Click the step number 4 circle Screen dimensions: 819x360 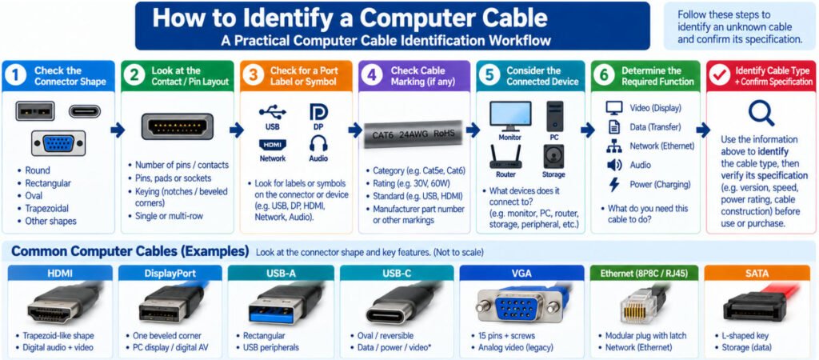coord(371,76)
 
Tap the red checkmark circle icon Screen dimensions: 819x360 coord(720,76)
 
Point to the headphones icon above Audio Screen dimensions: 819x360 coord(318,143)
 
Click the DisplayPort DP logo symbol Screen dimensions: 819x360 coord(318,112)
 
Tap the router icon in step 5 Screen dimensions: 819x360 coord(505,157)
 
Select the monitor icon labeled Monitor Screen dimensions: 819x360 coord(510,116)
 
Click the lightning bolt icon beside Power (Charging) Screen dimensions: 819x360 coord(614,185)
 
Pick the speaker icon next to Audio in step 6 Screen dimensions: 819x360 coord(614,165)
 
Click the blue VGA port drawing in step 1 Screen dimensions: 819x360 coord(58,143)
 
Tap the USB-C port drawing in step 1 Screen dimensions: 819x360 coord(85,111)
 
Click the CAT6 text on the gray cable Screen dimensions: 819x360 coord(383,135)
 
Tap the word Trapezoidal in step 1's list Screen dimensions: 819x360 coord(47,209)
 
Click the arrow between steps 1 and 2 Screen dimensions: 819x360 coord(118,130)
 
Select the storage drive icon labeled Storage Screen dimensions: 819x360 coord(553,157)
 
